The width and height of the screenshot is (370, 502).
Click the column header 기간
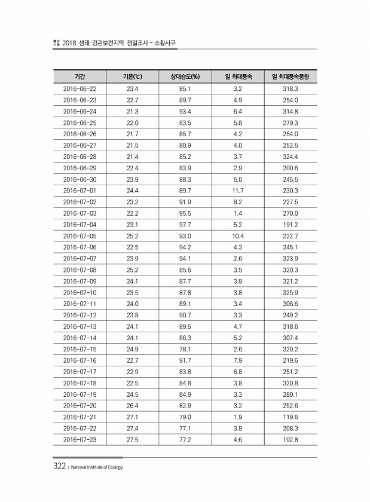click(79, 77)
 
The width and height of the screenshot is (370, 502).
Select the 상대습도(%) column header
click(185, 77)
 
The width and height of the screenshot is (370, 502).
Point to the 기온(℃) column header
click(132, 77)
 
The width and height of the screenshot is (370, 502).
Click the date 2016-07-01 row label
click(79, 191)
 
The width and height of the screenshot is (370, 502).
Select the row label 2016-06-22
click(79, 88)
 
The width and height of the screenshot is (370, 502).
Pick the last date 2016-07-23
click(79, 440)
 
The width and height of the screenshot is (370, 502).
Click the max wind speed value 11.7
click(237, 191)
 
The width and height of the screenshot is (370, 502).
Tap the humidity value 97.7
click(185, 225)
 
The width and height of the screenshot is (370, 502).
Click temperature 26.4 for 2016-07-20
click(132, 406)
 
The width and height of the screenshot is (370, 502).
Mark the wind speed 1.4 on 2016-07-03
click(237, 213)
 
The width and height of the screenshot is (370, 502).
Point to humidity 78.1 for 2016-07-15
click(185, 349)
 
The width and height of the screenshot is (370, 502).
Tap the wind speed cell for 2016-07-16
click(237, 360)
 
